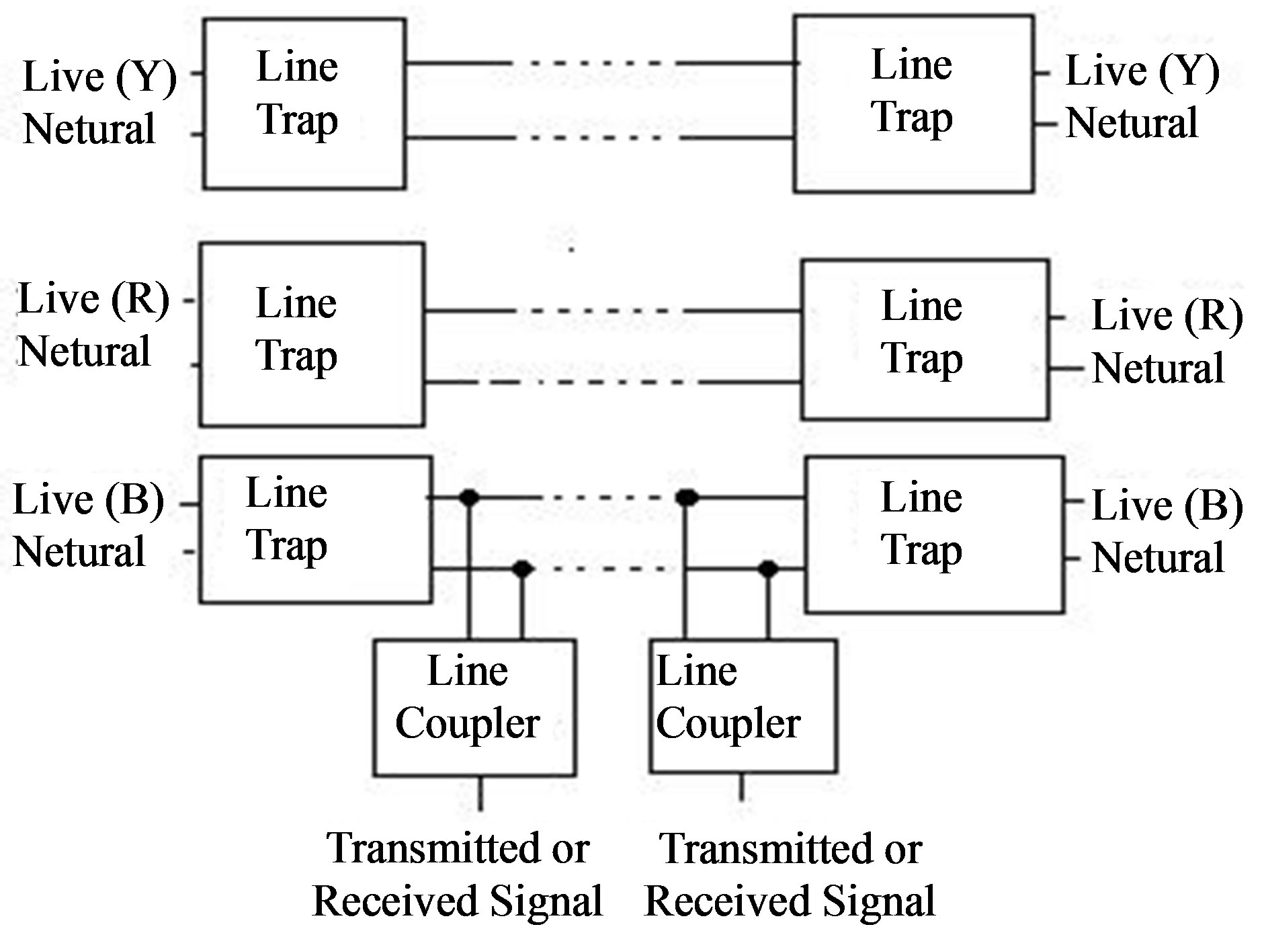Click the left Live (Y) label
(99, 77)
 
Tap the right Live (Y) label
(1142, 71)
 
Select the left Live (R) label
(93, 299)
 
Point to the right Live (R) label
(1167, 316)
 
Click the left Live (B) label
(88, 501)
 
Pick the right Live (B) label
(1167, 505)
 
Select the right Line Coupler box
(743, 706)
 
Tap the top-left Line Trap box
(304, 103)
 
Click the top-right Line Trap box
(913, 104)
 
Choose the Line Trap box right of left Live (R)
(312, 334)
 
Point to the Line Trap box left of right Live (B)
(934, 534)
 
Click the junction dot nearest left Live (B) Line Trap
(468, 497)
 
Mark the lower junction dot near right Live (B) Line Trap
(768, 569)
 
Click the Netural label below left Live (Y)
(89, 129)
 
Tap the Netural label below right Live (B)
(1158, 558)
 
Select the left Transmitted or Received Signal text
(458, 874)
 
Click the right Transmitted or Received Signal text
(790, 874)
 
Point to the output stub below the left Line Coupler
(480, 793)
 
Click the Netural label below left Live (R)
(85, 352)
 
